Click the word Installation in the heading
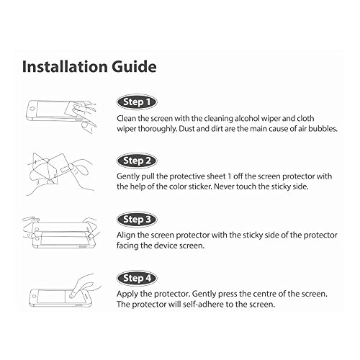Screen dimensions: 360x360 pos(65,66)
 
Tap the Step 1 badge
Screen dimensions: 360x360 pos(137,102)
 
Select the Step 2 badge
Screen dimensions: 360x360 pos(137,161)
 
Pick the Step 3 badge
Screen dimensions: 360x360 pos(137,220)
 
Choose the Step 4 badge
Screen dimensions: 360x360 pos(137,279)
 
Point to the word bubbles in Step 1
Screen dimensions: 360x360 pos(323,129)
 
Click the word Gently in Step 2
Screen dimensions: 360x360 pos(128,177)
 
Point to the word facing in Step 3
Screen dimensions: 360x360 pos(127,246)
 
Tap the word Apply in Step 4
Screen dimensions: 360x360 pos(127,294)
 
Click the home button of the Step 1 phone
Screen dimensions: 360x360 pos(33,109)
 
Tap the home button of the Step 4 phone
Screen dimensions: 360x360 pos(33,296)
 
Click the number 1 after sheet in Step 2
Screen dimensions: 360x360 pos(229,176)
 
